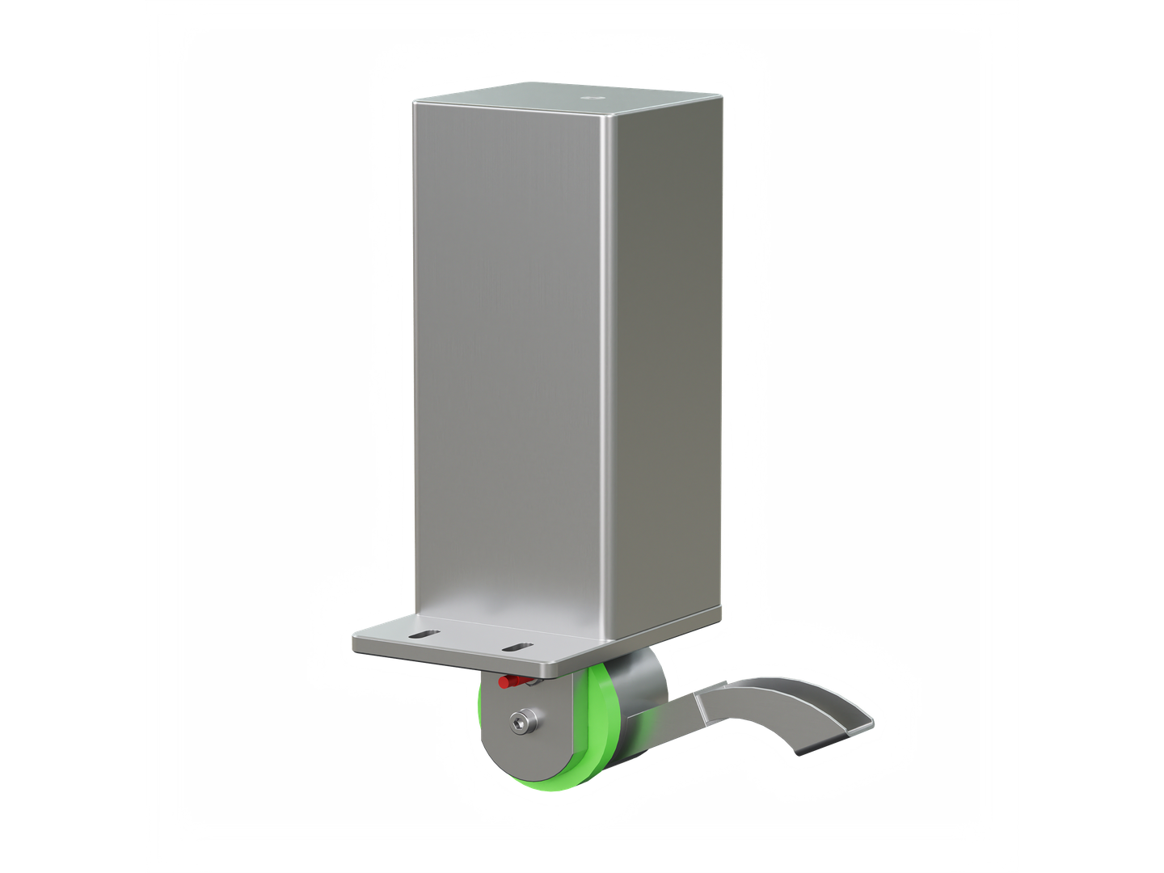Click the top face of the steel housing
point(566,101)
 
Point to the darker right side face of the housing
point(663,364)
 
